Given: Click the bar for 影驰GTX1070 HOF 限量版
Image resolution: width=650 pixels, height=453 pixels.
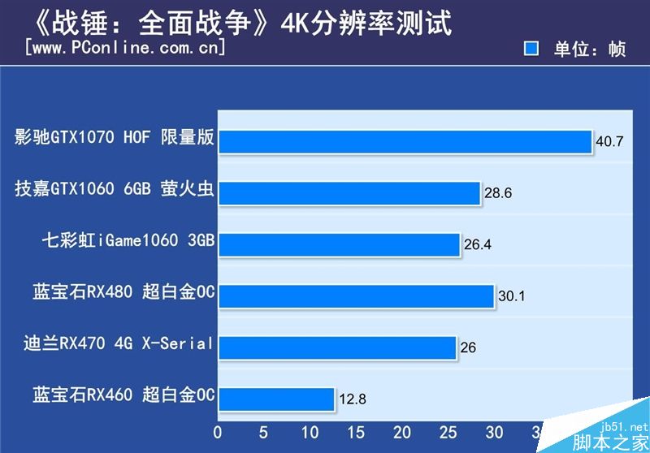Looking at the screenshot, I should (x=405, y=141).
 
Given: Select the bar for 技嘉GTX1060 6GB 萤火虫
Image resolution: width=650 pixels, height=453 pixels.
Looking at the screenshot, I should (x=349, y=193).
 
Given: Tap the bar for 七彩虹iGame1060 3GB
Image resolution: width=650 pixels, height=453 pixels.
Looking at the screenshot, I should (x=340, y=244).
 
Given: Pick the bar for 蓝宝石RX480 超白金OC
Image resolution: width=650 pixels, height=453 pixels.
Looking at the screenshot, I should (x=356, y=296).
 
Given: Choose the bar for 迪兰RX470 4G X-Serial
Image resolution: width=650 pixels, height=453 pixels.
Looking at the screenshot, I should (x=337, y=347).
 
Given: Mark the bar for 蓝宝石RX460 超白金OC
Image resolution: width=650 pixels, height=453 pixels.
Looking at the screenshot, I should (x=276, y=399).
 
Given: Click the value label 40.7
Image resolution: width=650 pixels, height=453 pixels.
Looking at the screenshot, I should (x=609, y=141).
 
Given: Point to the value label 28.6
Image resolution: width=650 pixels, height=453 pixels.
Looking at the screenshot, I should (x=498, y=193).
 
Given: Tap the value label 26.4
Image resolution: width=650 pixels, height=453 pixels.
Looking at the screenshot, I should (x=479, y=244).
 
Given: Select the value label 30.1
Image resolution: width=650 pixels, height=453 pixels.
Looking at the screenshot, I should (x=512, y=296).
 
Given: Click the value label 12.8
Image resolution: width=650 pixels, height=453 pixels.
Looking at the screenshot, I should (x=353, y=399).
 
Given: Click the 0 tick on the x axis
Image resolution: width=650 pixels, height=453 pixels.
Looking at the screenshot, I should (x=218, y=432).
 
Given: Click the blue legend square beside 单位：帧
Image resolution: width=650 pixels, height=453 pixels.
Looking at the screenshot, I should (x=531, y=49).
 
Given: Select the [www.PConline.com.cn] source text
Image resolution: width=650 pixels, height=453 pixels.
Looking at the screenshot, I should (x=126, y=48).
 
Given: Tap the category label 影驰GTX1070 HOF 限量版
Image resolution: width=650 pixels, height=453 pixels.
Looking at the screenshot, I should (x=114, y=137).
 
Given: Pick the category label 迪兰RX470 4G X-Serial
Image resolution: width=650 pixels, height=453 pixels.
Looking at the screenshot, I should (x=119, y=343).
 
